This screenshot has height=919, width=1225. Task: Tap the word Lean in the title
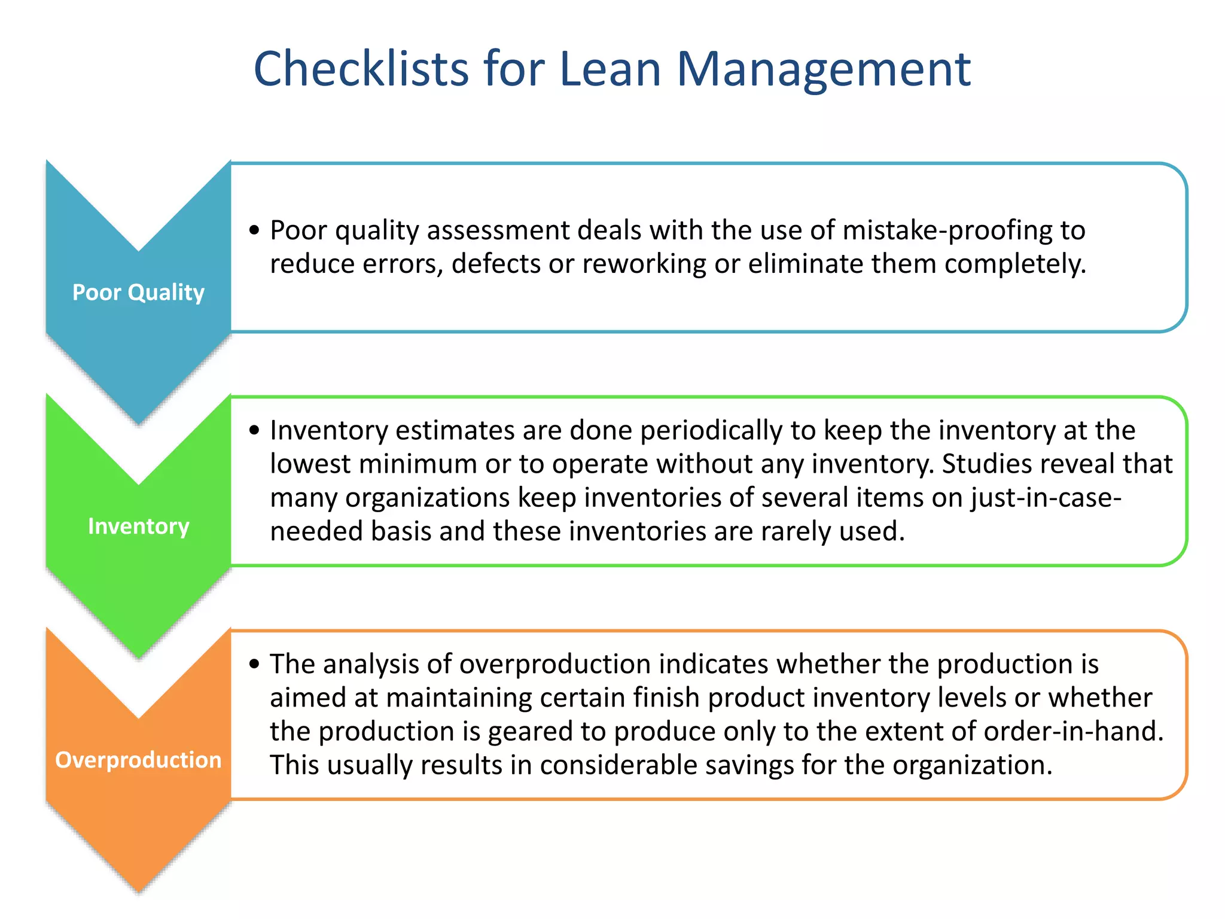click(610, 69)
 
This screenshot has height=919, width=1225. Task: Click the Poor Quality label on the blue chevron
click(138, 292)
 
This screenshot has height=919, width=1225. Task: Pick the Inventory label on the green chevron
click(138, 526)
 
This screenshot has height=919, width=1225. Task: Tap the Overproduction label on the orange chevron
click(138, 760)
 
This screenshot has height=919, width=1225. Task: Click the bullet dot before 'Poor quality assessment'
click(255, 230)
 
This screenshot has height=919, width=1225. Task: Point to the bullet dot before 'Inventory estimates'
click(255, 430)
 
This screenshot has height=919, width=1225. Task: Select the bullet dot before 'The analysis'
click(255, 664)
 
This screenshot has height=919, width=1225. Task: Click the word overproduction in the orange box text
click(554, 664)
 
